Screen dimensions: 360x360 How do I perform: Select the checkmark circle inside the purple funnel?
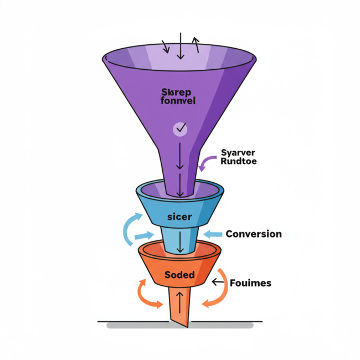tap(180, 129)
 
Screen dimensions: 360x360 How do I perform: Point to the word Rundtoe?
tap(239, 162)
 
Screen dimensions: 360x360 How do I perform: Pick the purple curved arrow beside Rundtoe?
tap(207, 163)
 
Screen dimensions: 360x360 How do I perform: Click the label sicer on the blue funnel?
tap(179, 217)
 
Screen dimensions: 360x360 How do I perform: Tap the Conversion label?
tap(253, 234)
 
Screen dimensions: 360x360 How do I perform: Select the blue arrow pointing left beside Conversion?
tap(212, 234)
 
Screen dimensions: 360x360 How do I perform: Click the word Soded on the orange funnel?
tap(179, 275)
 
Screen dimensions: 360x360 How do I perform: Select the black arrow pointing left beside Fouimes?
tap(218, 282)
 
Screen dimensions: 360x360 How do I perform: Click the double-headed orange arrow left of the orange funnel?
tap(145, 294)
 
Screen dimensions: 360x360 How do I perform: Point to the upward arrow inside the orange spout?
tap(179, 300)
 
